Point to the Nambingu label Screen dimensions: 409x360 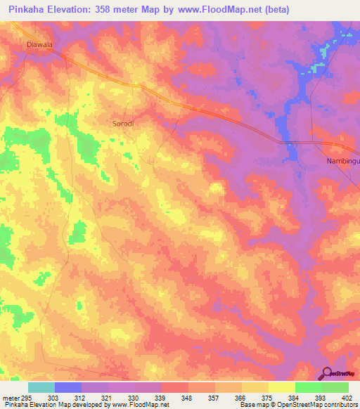(x=342, y=161)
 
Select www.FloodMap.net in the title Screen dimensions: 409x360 (x=207, y=10)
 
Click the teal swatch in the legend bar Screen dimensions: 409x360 (x=41, y=387)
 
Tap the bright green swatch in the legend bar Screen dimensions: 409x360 (x=308, y=387)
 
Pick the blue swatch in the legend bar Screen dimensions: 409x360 (x=68, y=387)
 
